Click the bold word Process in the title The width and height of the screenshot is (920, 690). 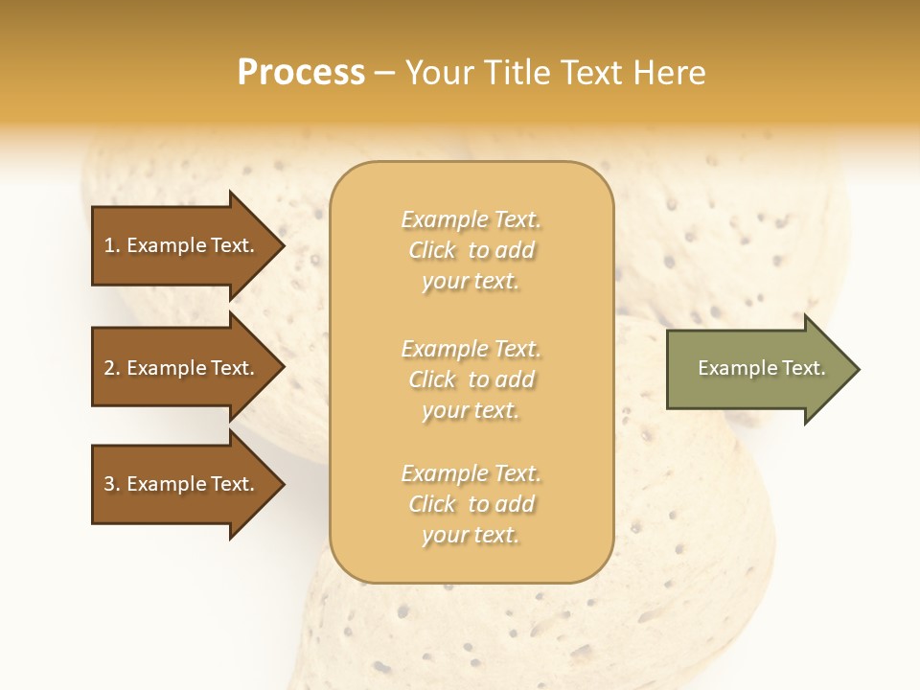click(x=301, y=73)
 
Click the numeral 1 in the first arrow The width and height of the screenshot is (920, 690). click(x=109, y=245)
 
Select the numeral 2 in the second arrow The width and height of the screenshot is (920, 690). click(x=109, y=368)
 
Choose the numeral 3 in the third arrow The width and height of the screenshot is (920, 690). click(x=109, y=484)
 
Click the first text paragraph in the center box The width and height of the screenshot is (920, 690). click(x=471, y=250)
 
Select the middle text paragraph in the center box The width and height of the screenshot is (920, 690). click(x=471, y=379)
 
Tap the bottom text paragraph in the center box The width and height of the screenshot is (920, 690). click(x=471, y=504)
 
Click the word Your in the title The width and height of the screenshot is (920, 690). click(x=438, y=73)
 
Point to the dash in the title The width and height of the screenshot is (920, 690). click(x=384, y=74)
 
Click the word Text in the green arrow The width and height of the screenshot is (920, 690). click(x=804, y=368)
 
